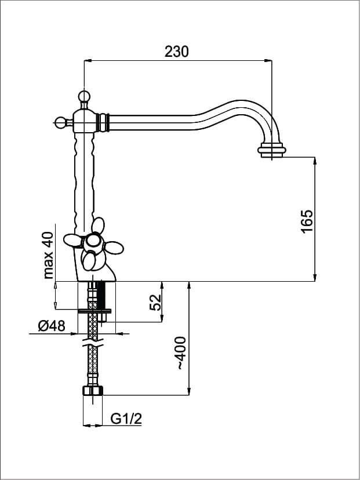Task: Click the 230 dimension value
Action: [x=177, y=52]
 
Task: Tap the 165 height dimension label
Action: [x=307, y=221]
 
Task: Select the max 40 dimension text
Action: [x=48, y=255]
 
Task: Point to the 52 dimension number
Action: [x=155, y=303]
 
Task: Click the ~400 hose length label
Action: [x=181, y=353]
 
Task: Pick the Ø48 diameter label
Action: [x=52, y=326]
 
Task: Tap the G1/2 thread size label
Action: [x=126, y=419]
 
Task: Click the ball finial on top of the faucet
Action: [x=83, y=96]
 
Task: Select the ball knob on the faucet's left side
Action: [x=60, y=122]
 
